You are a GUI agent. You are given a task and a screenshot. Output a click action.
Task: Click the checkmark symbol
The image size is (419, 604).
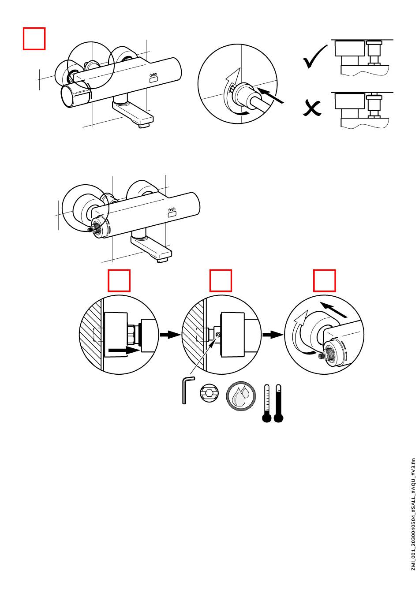coord(315,58)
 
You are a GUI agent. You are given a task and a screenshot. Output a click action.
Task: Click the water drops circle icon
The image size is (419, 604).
coord(241,395)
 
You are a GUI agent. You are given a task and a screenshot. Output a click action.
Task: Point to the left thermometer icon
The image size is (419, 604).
coord(266,404)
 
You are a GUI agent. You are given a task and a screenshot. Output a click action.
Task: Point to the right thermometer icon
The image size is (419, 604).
coord(278,404)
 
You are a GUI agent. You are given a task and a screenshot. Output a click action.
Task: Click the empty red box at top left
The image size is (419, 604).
coord(34,39)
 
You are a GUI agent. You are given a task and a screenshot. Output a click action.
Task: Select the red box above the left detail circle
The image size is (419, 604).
coord(120,281)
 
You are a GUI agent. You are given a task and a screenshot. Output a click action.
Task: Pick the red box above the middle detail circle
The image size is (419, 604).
coord(221,281)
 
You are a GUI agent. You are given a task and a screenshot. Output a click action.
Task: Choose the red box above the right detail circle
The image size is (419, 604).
coord(325,281)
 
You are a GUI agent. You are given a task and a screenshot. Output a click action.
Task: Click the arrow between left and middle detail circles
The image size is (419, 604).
coord(169,335)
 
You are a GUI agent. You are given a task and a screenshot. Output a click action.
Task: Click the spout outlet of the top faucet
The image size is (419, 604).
coord(143,126)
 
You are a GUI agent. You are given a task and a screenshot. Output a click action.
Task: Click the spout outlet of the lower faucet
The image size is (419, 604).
coord(162,260)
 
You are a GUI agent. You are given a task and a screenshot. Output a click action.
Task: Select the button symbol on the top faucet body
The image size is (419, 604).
coord(153,79)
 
